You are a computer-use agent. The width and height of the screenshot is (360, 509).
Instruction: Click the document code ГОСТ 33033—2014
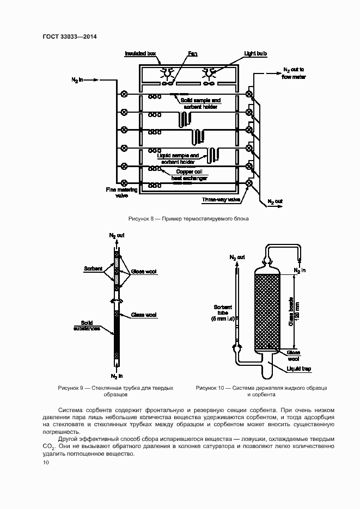69,36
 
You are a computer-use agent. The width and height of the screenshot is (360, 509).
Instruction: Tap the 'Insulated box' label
141,53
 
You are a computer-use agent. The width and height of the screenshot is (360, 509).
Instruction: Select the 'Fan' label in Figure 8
193,53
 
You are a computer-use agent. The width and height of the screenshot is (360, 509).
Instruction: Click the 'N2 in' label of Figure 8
77,80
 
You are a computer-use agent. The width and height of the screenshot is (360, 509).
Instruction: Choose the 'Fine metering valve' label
117,193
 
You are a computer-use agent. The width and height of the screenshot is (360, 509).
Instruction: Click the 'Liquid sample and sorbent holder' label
179,158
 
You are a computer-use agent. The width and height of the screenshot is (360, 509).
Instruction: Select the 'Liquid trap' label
299,369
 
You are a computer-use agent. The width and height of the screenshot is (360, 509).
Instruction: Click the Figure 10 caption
261,391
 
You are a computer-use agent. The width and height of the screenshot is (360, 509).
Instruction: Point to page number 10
46,462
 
